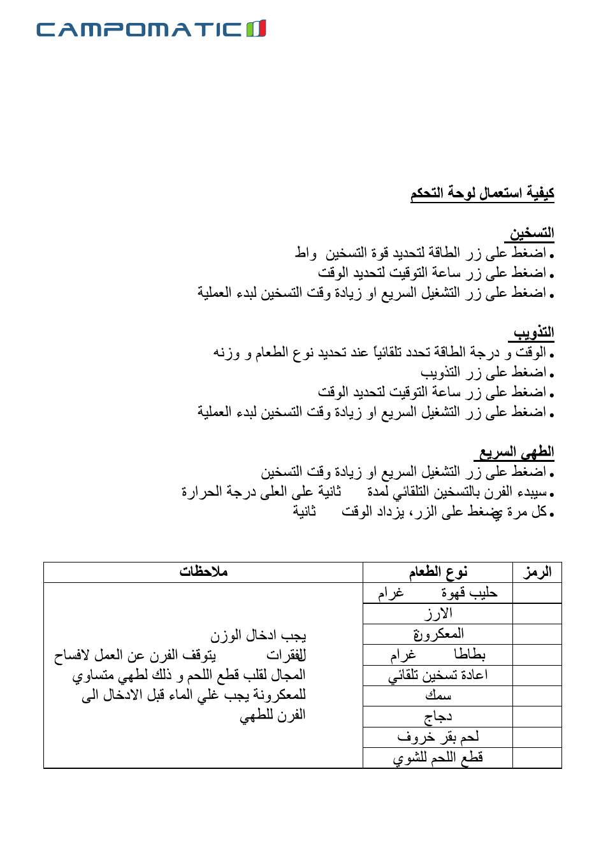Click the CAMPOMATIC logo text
click(x=139, y=29)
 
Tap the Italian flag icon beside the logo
click(x=256, y=29)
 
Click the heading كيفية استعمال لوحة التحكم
click(x=482, y=193)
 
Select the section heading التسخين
click(x=531, y=233)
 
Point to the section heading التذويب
click(x=533, y=333)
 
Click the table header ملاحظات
click(x=203, y=572)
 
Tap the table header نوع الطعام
click(x=438, y=572)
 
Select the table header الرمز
click(x=537, y=572)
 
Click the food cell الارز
click(x=438, y=613)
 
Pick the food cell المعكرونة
click(x=438, y=634)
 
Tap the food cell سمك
click(x=438, y=696)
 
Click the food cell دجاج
click(x=438, y=717)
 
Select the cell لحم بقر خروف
click(x=438, y=737)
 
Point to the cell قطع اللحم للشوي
click(x=438, y=757)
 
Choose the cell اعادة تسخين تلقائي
click(x=438, y=675)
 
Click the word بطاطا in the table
click(x=470, y=654)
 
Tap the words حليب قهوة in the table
click(x=469, y=593)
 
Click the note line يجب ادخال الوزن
click(x=258, y=635)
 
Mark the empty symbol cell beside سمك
click(x=537, y=696)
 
